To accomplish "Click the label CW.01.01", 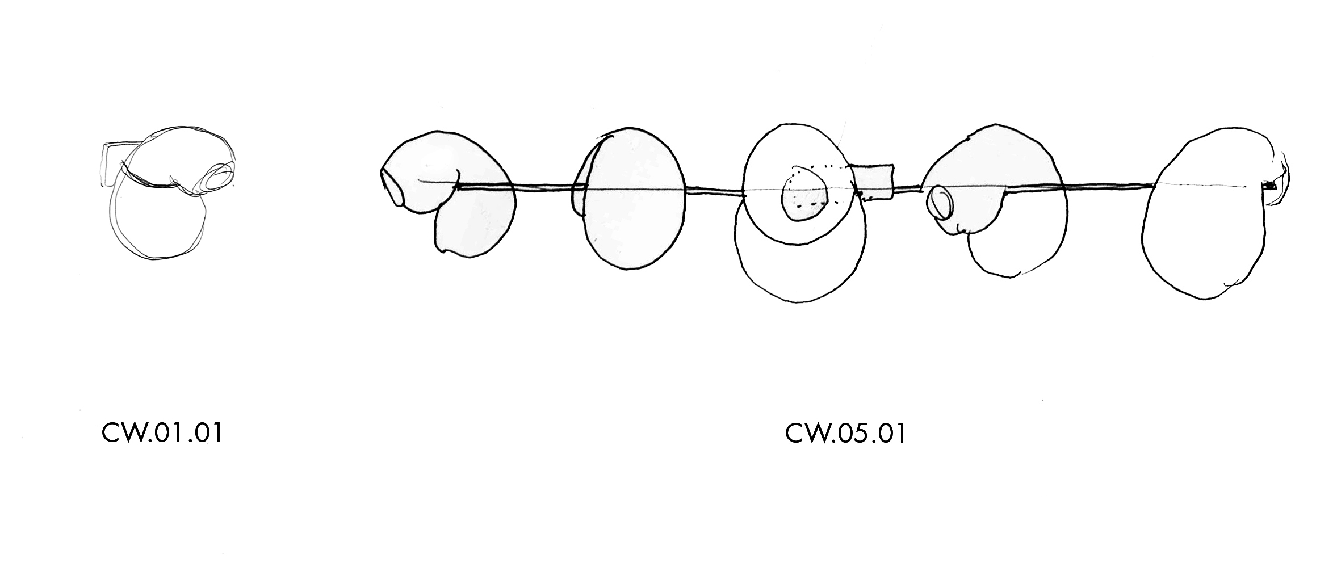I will (x=161, y=434).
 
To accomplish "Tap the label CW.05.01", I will (x=845, y=434).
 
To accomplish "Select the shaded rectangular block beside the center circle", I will (x=874, y=182).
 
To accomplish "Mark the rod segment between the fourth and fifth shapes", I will (x=1107, y=186).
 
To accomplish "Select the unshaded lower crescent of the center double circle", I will (x=800, y=272).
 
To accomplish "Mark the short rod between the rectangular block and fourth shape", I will (x=907, y=188).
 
